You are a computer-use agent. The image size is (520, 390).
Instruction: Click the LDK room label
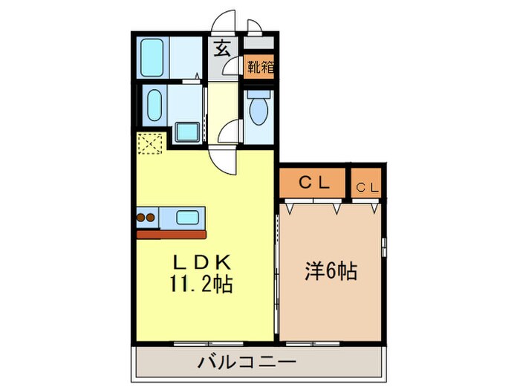[x=202, y=263]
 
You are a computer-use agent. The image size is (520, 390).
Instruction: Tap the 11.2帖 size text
[x=201, y=284]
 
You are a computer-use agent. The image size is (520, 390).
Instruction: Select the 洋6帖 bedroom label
[x=331, y=271]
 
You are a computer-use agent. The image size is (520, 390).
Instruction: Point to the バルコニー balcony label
[x=247, y=361]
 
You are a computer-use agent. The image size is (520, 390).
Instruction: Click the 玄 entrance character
[x=222, y=48]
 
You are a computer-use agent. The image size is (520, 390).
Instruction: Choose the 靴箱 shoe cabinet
[x=259, y=67]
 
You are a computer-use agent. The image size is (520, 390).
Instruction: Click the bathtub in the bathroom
[x=152, y=57]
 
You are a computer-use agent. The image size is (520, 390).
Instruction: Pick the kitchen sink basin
[x=188, y=218]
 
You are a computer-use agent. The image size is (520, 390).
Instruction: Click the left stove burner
[x=140, y=218]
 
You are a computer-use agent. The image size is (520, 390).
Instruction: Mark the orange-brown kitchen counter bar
[x=172, y=235]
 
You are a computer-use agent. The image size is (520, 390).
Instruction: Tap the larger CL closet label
[x=314, y=183]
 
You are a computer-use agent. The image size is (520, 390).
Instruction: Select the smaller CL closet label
[x=367, y=188]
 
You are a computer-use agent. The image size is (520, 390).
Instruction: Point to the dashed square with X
[x=150, y=143]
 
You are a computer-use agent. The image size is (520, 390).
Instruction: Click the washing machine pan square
[x=188, y=131]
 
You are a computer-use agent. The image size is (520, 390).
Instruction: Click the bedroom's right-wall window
[x=384, y=247]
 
